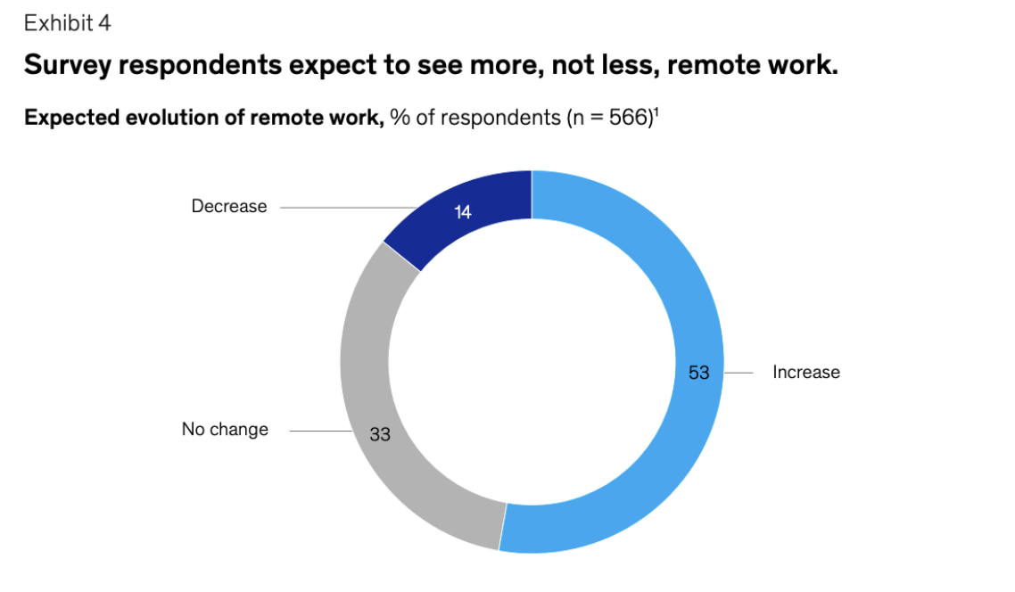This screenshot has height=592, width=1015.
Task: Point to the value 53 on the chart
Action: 698,373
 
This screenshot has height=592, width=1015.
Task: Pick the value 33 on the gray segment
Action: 380,435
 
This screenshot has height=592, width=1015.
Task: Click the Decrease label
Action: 229,207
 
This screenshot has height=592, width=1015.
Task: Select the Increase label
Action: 805,373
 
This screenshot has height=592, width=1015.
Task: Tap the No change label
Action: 225,430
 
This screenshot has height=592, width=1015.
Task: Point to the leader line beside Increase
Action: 739,372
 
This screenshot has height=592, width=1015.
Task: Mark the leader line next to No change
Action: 321,432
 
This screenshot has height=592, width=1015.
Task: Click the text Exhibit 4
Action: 68,24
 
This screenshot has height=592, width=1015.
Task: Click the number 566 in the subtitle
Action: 627,119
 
